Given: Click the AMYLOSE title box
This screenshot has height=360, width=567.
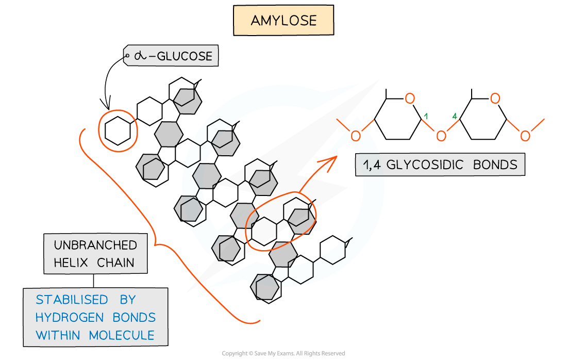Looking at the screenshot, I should click(x=283, y=21).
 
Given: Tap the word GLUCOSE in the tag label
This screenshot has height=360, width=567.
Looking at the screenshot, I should click(x=184, y=56).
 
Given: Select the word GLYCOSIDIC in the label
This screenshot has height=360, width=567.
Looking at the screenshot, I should click(x=427, y=165).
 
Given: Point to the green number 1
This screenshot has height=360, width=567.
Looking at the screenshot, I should click(x=426, y=117).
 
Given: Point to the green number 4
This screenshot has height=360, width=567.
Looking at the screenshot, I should click(x=454, y=117).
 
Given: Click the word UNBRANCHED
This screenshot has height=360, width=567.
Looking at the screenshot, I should click(x=96, y=245).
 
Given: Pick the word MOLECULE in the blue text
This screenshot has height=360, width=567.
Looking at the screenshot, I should click(x=122, y=335).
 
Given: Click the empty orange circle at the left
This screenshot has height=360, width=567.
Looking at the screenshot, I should click(x=118, y=130).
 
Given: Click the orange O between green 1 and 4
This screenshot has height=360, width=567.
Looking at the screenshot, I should click(x=441, y=136).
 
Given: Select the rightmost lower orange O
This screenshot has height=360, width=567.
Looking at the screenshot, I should click(x=525, y=136).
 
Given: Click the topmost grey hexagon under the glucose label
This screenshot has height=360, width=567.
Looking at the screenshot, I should click(x=187, y=101).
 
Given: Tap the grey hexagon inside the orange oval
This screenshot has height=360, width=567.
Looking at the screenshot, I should click(x=302, y=221).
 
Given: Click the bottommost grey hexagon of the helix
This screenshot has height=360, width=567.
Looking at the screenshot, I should click(x=265, y=287).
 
